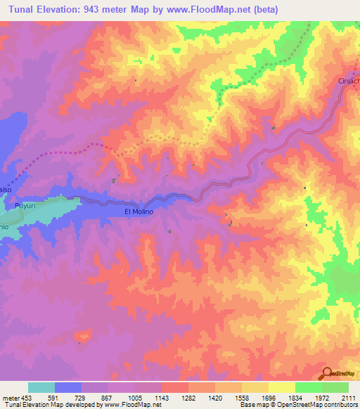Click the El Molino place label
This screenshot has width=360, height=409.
139,211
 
